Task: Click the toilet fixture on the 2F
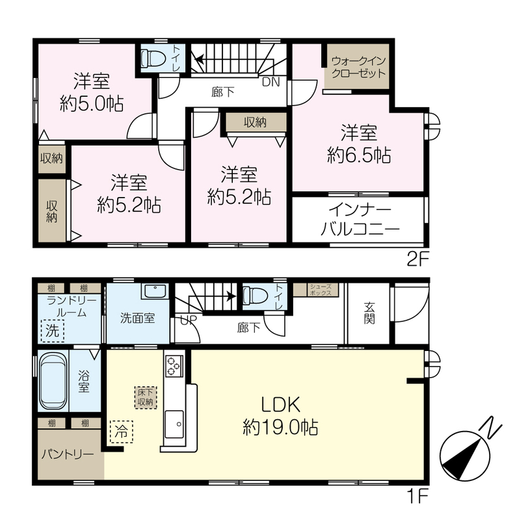pos(153,58)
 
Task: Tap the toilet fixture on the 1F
pos(255,295)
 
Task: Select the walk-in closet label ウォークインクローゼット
pos(358,67)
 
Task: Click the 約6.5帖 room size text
pos(359,155)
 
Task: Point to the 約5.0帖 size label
pos(92,103)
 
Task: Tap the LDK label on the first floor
pos(281,404)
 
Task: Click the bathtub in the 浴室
pos(53,380)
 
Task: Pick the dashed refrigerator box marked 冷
pos(122,432)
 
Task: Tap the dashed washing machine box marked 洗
pos(53,331)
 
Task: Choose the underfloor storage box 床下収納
pos(146,397)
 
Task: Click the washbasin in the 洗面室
pos(155,291)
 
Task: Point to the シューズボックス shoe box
pos(321,290)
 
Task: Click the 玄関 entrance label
pos(369,313)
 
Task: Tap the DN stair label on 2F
pos(271,82)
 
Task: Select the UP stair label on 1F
pos(189,320)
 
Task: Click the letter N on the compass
pos(490,427)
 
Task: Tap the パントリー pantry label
pos(68,454)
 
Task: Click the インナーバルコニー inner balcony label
pos(360,219)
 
